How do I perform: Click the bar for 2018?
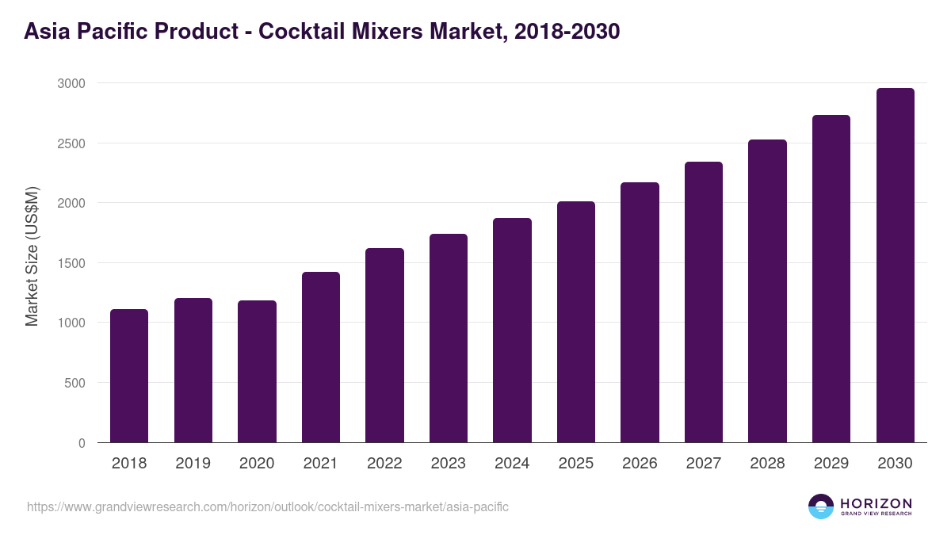click(x=129, y=376)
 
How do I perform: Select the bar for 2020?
click(x=257, y=372)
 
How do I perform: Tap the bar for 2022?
click(x=384, y=346)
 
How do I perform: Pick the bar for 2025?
click(x=576, y=322)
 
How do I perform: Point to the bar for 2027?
click(x=704, y=302)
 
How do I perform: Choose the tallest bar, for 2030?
click(x=895, y=266)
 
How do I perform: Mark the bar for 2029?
click(x=831, y=279)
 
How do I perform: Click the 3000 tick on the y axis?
click(x=71, y=83)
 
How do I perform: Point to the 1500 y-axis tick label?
click(x=71, y=263)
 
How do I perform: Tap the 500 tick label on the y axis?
click(x=74, y=383)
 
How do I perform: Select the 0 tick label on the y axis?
click(x=82, y=443)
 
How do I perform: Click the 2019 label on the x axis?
click(x=193, y=464)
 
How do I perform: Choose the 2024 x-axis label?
click(x=512, y=464)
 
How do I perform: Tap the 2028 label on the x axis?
click(x=767, y=464)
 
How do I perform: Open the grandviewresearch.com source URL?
click(x=268, y=506)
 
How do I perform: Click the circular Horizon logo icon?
click(x=820, y=506)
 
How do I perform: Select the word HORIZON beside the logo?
click(x=876, y=503)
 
